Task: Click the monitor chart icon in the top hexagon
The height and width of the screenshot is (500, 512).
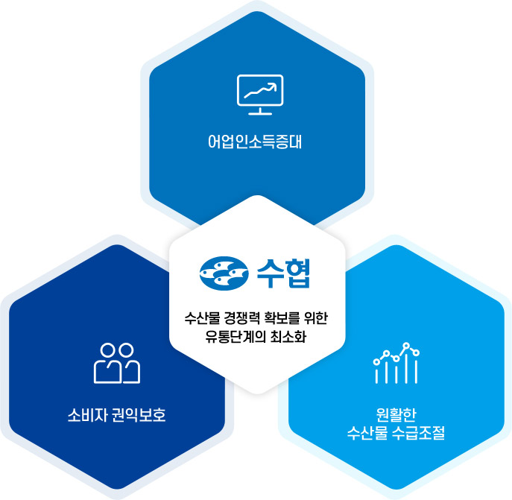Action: tap(259, 95)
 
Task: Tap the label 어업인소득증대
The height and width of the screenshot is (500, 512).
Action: tap(256, 140)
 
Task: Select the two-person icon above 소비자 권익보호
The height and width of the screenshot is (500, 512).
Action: tap(117, 363)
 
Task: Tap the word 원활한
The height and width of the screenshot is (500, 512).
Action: tap(396, 415)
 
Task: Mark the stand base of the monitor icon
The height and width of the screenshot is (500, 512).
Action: tap(259, 114)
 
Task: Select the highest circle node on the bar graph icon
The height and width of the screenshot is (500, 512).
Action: tap(406, 346)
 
